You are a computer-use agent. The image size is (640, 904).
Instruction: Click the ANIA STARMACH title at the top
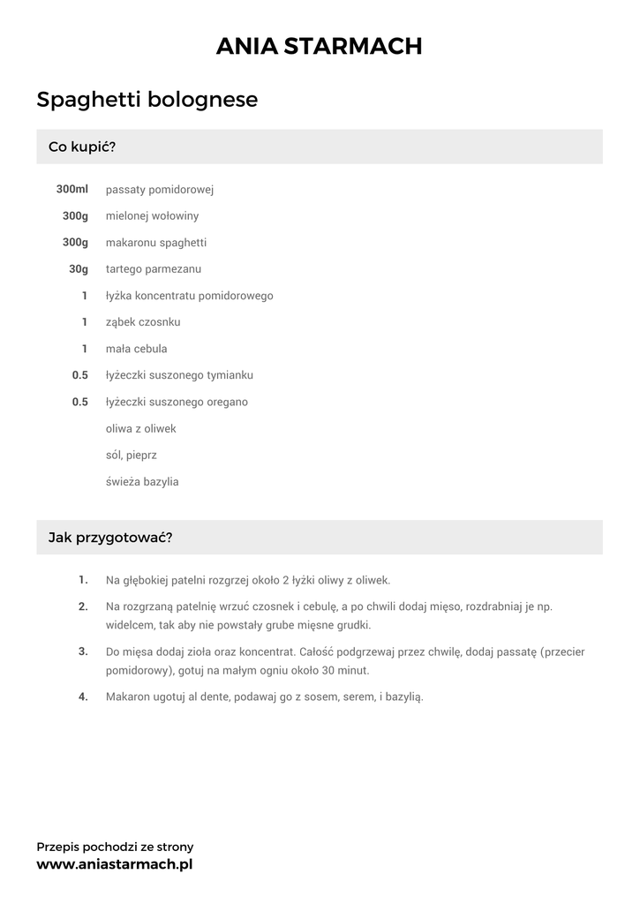click(320, 46)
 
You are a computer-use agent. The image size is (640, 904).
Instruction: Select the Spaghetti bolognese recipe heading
click(147, 100)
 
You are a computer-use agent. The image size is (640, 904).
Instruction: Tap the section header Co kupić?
click(82, 147)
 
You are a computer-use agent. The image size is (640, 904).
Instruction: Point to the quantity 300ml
click(72, 190)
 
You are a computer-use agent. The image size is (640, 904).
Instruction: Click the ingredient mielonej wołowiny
click(152, 216)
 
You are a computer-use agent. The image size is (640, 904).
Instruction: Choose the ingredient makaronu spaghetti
click(156, 243)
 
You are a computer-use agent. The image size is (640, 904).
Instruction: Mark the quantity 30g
click(79, 269)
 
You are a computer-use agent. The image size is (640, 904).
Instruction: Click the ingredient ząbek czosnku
click(143, 322)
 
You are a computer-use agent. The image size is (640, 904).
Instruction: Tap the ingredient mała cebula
click(136, 349)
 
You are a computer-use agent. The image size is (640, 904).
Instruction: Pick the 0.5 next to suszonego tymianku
click(80, 375)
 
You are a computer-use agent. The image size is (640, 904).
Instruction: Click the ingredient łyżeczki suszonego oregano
click(177, 402)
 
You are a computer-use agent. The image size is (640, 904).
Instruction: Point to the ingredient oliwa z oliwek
click(141, 429)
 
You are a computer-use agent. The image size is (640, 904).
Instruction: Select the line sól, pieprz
click(131, 456)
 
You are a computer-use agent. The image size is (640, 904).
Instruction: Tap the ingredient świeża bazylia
click(142, 482)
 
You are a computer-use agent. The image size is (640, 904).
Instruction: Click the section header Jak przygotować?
click(110, 537)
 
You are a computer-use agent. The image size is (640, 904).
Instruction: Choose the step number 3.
click(83, 652)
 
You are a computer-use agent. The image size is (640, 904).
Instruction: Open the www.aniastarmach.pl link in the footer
click(114, 864)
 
